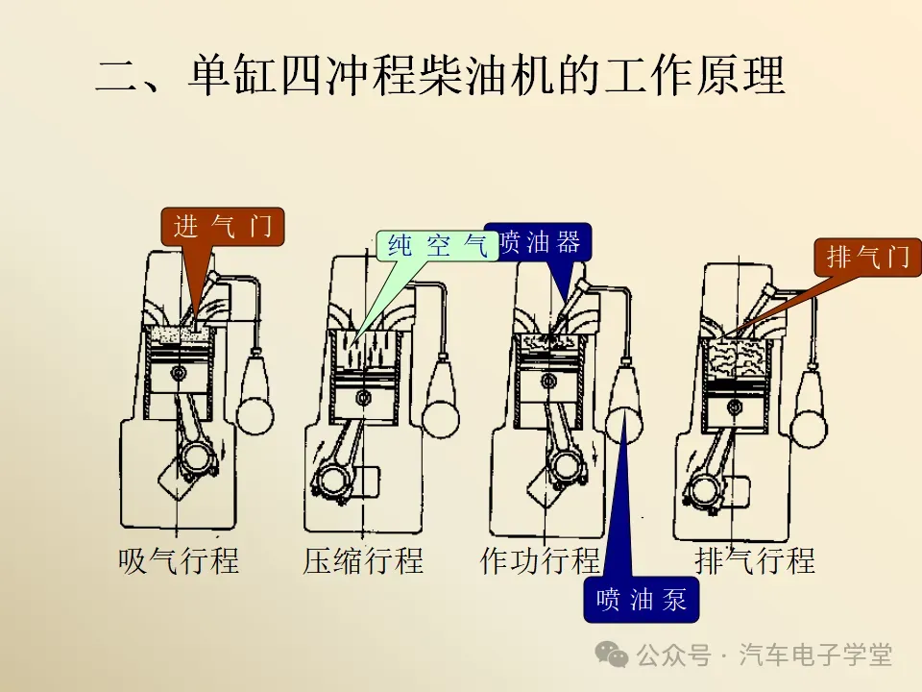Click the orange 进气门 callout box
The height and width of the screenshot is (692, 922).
pyautogui.click(x=223, y=227)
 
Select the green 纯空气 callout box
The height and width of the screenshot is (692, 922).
pyautogui.click(x=436, y=247)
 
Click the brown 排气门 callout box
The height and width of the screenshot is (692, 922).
pyautogui.click(x=866, y=257)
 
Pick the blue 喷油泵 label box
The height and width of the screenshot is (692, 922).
pyautogui.click(x=641, y=601)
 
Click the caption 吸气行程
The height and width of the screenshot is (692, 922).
pyautogui.click(x=179, y=560)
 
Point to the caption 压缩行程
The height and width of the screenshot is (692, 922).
pyautogui.click(x=363, y=560)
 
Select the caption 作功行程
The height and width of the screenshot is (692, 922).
pyautogui.click(x=539, y=560)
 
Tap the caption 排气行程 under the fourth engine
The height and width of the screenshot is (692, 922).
pyautogui.click(x=754, y=560)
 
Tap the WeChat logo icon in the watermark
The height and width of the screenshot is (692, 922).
pyautogui.click(x=612, y=655)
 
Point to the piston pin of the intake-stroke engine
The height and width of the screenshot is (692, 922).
pyautogui.click(x=179, y=372)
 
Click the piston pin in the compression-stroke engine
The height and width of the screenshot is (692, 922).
pyautogui.click(x=363, y=395)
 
